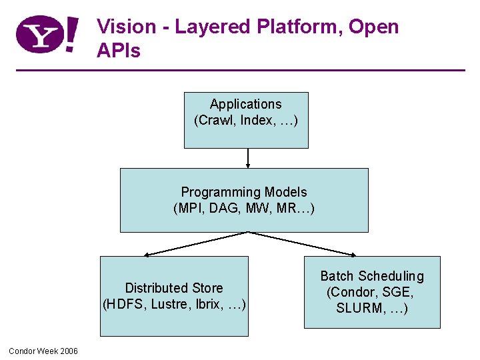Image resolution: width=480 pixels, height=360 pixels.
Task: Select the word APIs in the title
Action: (x=119, y=50)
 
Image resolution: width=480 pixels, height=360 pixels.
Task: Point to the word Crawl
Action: (x=218, y=121)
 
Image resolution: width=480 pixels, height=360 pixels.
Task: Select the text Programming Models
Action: (x=244, y=192)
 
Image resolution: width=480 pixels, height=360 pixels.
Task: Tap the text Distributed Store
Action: (x=174, y=288)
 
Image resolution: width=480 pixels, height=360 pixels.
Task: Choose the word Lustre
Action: (x=172, y=305)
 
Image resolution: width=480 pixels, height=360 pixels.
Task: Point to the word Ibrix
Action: (x=209, y=305)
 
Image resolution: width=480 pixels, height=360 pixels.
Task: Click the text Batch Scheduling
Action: (x=372, y=276)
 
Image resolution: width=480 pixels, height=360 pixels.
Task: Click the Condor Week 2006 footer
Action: (x=43, y=351)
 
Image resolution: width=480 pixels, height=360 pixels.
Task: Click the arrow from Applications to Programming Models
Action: (x=248, y=158)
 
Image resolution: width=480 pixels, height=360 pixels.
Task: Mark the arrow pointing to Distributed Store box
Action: (x=196, y=243)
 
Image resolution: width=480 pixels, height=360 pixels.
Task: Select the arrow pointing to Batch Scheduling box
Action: (x=303, y=243)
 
